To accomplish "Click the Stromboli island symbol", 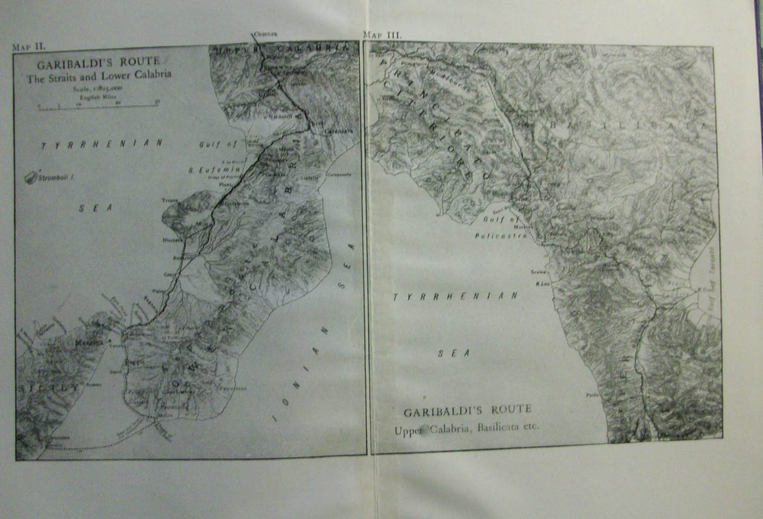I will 31,178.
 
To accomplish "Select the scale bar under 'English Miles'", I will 97,105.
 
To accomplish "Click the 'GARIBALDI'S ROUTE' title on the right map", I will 467,410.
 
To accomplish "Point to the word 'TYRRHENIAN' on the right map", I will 455,297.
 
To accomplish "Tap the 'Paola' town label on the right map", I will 592,396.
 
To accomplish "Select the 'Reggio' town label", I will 132,361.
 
